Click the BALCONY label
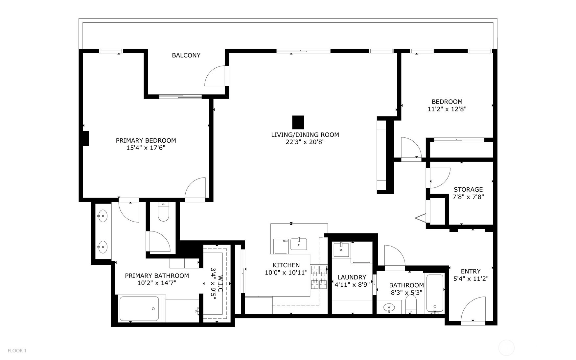pyautogui.click(x=186, y=55)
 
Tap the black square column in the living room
pyautogui.click(x=298, y=122)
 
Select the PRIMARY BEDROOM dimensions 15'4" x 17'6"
pyautogui.click(x=146, y=148)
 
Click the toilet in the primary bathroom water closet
pyautogui.click(x=163, y=212)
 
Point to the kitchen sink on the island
pyautogui.click(x=299, y=244)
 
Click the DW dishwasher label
pyautogui.click(x=285, y=241)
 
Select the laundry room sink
pyautogui.click(x=342, y=250)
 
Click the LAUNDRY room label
pyautogui.click(x=352, y=277)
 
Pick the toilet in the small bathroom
pyautogui.click(x=411, y=304)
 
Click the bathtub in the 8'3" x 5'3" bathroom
pyautogui.click(x=435, y=293)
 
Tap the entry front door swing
pyautogui.click(x=473, y=309)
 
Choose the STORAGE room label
pyautogui.click(x=468, y=189)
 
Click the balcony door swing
pyautogui.click(x=215, y=76)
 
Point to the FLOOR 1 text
pyautogui.click(x=17, y=350)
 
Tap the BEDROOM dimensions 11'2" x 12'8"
pyautogui.click(x=447, y=109)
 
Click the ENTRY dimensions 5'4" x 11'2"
pyautogui.click(x=471, y=279)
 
